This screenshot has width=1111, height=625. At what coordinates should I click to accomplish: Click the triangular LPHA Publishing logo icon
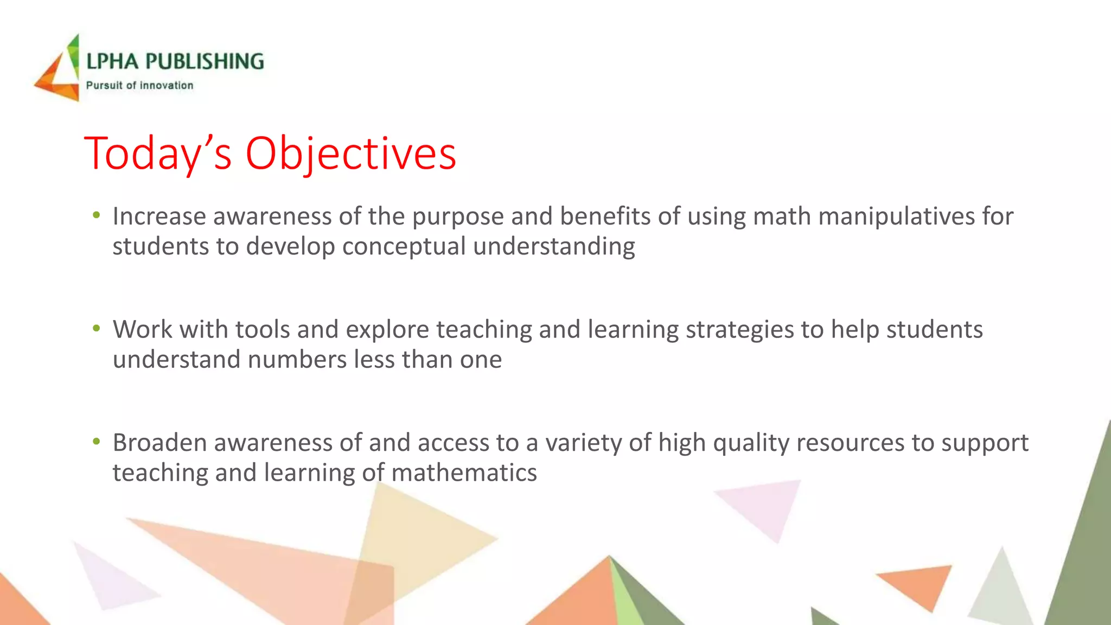59,71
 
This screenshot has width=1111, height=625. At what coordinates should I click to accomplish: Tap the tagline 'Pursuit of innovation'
139,86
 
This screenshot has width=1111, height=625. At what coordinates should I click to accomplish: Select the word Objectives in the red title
350,154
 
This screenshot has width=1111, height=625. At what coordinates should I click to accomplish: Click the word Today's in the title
158,154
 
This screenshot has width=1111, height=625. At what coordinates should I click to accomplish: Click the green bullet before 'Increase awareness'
97,215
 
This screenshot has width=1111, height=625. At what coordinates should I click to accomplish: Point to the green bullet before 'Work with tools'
97,328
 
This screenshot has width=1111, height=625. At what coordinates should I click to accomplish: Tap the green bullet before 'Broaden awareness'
97,442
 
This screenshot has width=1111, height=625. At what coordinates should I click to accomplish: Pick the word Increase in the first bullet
159,217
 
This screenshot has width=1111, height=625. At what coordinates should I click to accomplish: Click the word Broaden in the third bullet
159,443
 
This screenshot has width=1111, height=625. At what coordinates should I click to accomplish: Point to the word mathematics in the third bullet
464,473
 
